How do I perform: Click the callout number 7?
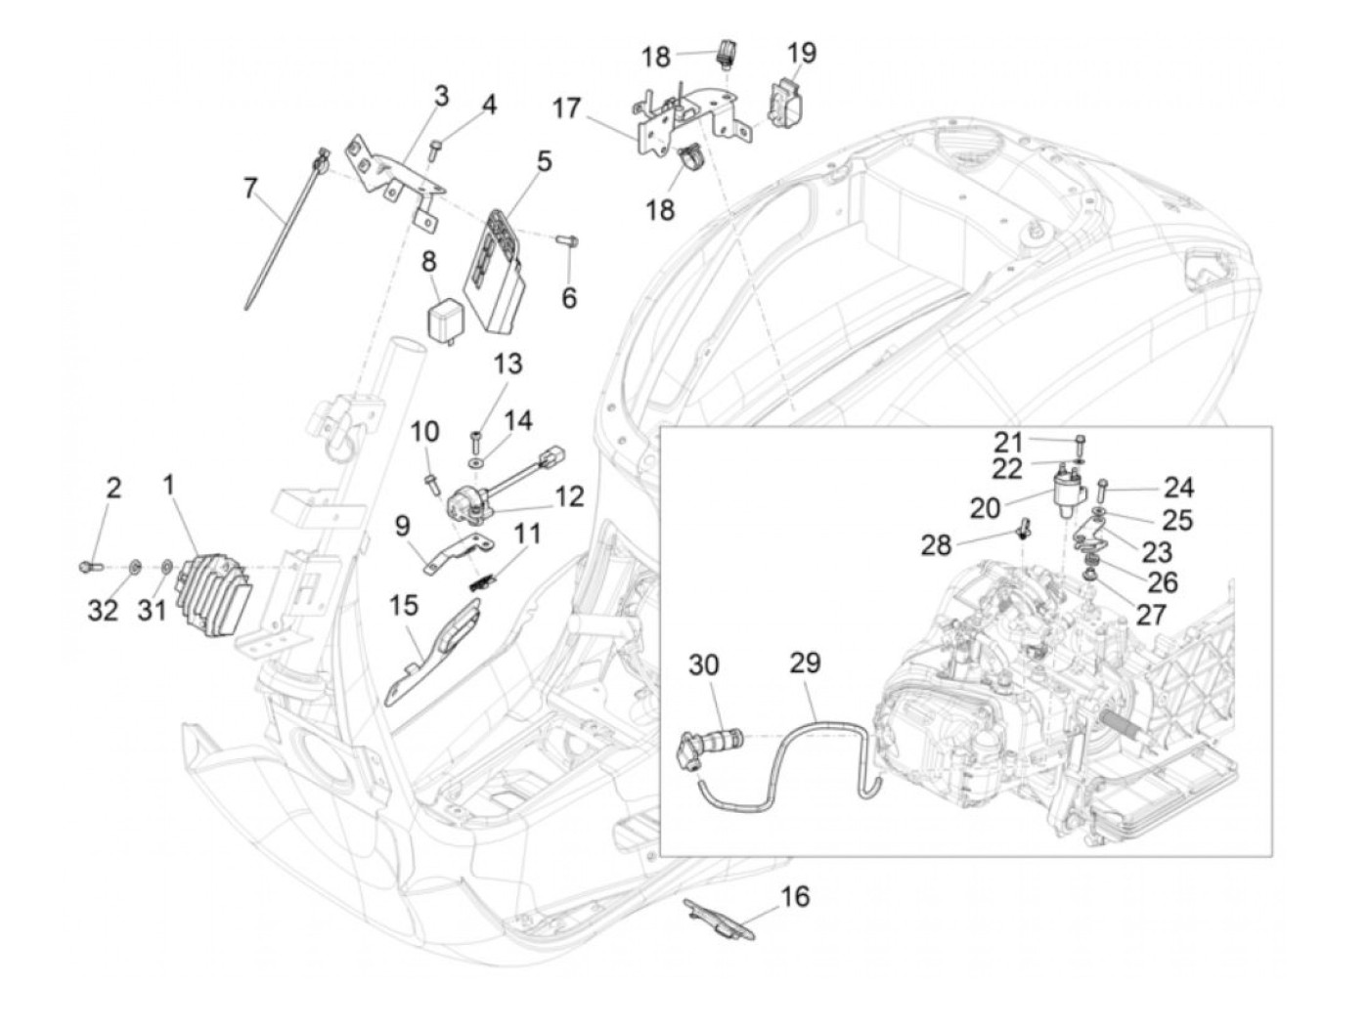250,189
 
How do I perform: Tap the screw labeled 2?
89,567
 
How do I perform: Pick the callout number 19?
802,54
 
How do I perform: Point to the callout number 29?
805,664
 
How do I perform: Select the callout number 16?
795,897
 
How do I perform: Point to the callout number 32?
103,611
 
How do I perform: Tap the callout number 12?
569,496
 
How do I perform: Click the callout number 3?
442,97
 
